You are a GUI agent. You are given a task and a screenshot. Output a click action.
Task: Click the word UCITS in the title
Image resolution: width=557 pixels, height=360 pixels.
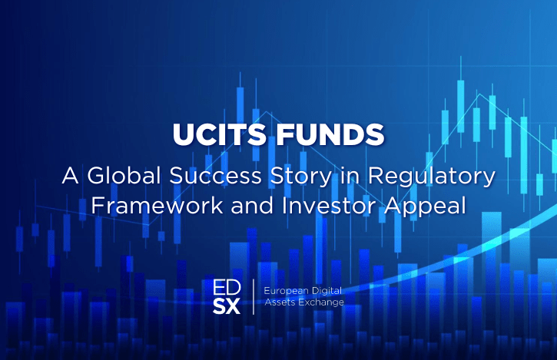(219, 134)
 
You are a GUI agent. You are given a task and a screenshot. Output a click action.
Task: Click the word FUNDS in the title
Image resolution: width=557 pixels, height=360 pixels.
(330, 134)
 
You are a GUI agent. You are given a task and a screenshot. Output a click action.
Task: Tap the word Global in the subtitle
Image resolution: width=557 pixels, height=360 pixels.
(124, 175)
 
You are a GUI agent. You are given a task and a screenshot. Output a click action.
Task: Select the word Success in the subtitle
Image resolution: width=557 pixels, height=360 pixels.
(215, 175)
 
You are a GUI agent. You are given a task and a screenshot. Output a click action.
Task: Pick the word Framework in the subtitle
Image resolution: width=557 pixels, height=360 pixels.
(157, 205)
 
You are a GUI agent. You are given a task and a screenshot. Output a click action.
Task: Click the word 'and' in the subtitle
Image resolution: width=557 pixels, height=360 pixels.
(253, 205)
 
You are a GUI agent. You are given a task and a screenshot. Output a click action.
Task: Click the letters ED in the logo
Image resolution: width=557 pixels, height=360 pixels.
(227, 288)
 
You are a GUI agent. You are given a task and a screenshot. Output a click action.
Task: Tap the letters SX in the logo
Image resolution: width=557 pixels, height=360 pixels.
(227, 306)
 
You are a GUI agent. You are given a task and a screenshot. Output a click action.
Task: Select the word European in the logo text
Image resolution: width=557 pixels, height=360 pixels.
(286, 291)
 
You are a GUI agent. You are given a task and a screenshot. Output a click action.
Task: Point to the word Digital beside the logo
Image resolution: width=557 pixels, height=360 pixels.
(327, 291)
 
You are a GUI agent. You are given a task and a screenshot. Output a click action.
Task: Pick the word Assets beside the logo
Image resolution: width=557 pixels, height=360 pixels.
(280, 302)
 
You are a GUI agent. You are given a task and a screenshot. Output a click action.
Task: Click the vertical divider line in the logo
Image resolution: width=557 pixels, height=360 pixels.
(254, 297)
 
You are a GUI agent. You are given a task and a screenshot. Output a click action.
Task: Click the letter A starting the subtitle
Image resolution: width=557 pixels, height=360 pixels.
(70, 175)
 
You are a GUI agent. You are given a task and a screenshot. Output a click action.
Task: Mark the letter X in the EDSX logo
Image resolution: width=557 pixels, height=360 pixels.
(234, 306)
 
